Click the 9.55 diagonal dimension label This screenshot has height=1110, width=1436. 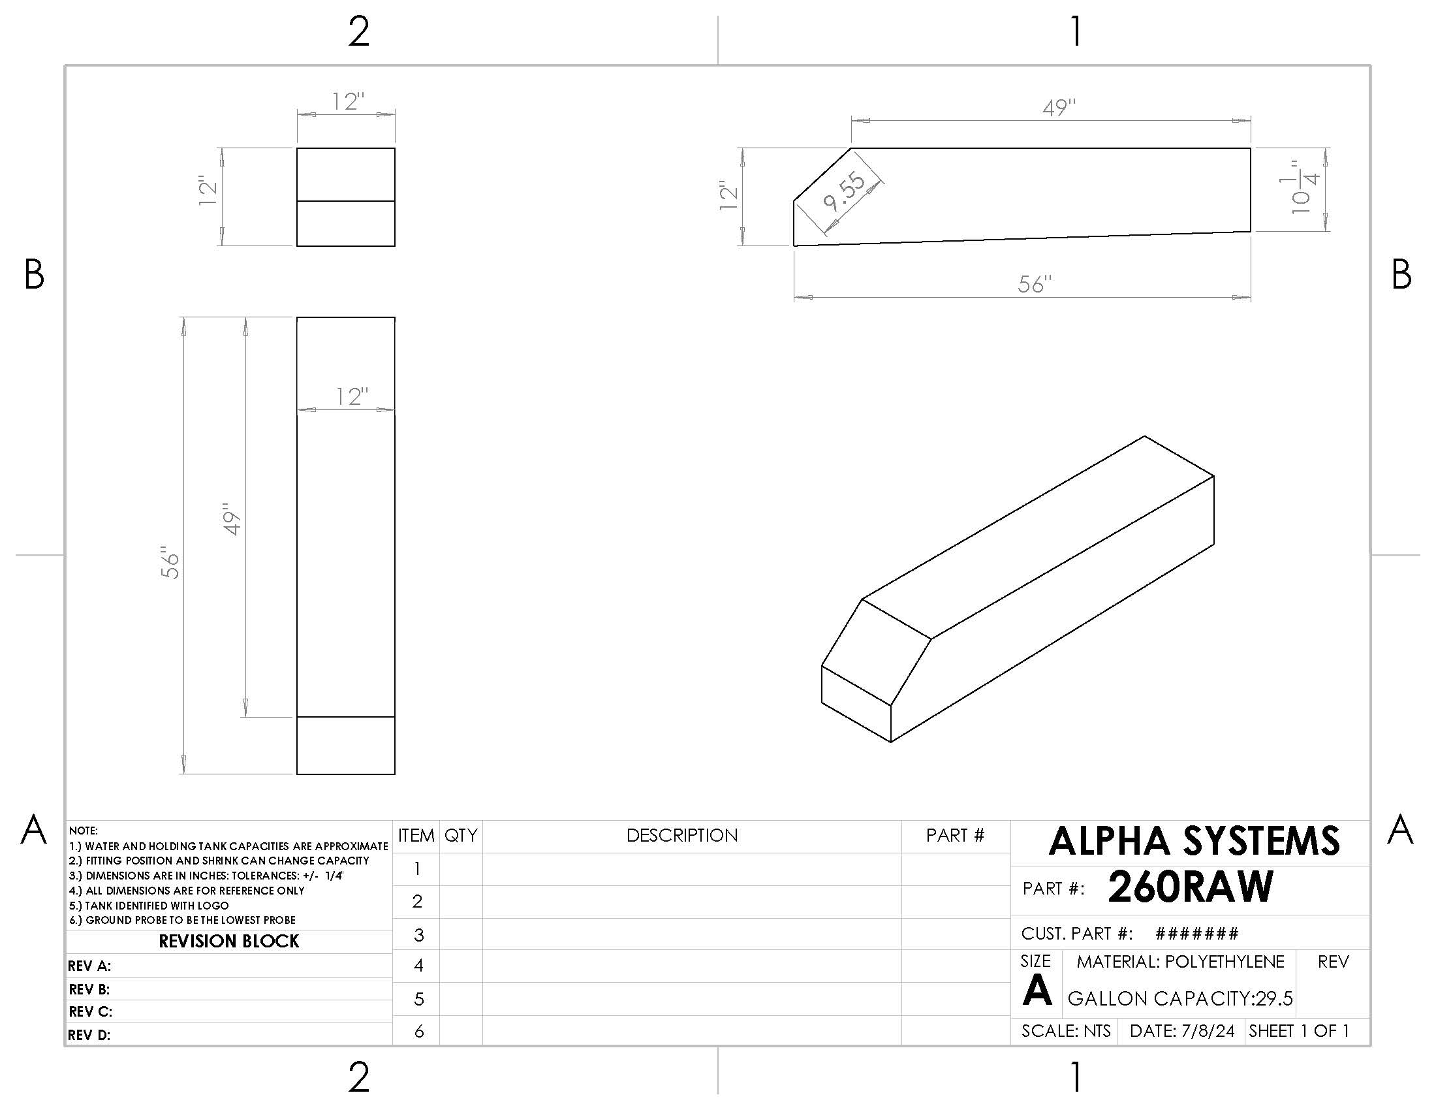[x=845, y=192]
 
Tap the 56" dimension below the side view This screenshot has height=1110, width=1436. [x=1035, y=284]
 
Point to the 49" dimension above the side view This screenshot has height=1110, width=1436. [x=1059, y=107]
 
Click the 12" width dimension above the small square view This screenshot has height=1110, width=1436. [x=348, y=101]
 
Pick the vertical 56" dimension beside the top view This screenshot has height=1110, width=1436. [x=170, y=563]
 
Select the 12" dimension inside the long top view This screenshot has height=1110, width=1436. [x=351, y=396]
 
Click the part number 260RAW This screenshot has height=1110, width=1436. [x=1190, y=887]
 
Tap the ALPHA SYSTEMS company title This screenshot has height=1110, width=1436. [x=1193, y=841]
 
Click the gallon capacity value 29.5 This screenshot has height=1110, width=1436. [x=1273, y=998]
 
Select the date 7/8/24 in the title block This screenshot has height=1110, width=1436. [x=1208, y=1030]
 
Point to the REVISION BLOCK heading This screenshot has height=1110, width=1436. [x=229, y=941]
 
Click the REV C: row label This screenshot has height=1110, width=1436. [x=90, y=1011]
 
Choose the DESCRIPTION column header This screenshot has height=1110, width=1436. [x=682, y=835]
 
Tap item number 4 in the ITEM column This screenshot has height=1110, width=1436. [x=418, y=965]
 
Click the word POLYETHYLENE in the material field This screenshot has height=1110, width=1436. [x=1225, y=961]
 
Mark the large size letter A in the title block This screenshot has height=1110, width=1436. [x=1037, y=991]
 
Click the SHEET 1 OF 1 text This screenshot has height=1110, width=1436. [x=1298, y=1030]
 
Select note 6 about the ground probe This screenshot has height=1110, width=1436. [x=183, y=920]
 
